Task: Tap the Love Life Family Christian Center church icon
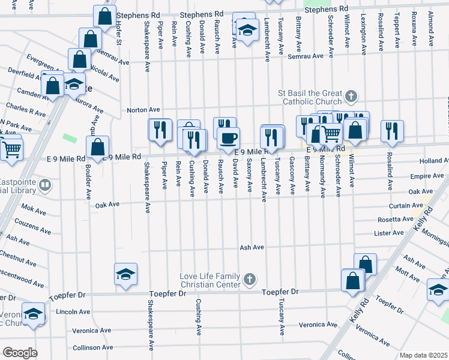(250, 280)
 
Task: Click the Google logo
(20, 353)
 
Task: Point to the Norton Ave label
(143, 110)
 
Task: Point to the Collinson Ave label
(92, 347)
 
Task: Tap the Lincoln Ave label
(73, 312)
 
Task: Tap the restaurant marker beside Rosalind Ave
(392, 131)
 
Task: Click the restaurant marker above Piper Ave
(160, 130)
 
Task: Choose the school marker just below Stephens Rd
(246, 30)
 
